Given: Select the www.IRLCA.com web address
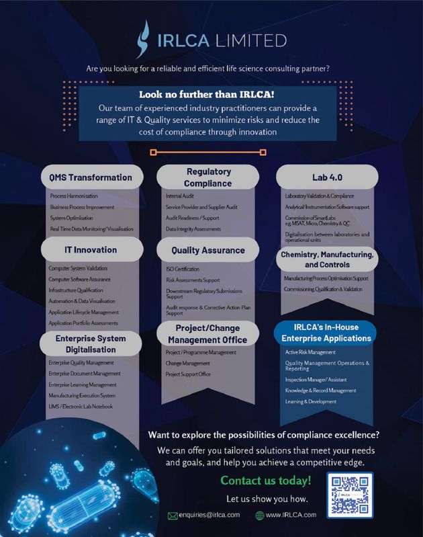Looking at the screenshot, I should (291, 515).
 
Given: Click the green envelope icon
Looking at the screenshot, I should (173, 515).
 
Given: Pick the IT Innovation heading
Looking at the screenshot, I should (91, 249).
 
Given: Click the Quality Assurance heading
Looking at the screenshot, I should (208, 250).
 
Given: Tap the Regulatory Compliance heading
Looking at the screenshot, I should (208, 177).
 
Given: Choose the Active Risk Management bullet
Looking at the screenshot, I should (310, 352).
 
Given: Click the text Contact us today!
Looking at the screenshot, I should (266, 481).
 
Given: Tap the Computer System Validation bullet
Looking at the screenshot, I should (79, 268).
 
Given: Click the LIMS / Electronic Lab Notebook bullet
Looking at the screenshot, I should (81, 406).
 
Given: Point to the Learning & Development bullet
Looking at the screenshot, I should (311, 401).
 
